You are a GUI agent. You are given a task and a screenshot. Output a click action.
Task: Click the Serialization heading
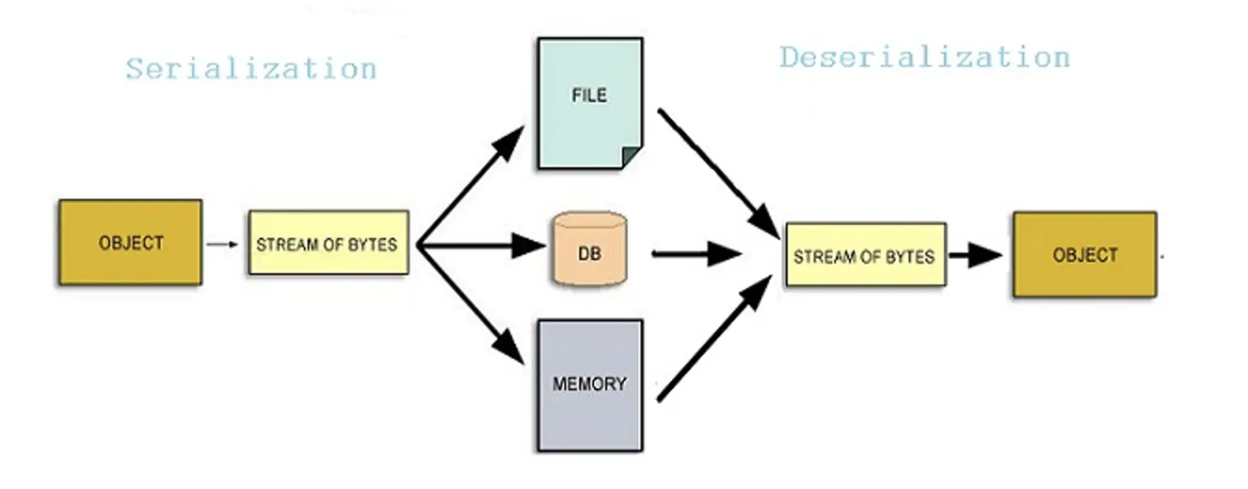coord(251,69)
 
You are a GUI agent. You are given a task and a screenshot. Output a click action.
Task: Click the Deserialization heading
coord(925,58)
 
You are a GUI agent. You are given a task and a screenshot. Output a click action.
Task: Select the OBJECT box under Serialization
coord(130,242)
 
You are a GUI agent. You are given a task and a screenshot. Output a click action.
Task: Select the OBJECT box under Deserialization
coord(1084,254)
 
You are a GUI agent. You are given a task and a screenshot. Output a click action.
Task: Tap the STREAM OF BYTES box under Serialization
coord(327,243)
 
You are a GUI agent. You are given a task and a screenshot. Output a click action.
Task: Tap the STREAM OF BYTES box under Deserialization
coord(864,255)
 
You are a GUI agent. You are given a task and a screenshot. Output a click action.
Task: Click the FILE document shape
coord(589,102)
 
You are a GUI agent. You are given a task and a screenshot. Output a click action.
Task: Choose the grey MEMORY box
coord(589,384)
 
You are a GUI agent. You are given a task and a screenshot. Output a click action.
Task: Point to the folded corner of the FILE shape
coord(630,157)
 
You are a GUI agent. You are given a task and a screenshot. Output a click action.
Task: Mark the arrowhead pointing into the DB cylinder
coord(529,244)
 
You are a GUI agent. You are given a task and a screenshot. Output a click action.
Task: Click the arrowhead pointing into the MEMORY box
coord(509,348)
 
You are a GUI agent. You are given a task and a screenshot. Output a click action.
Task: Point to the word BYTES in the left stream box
coord(375,244)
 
